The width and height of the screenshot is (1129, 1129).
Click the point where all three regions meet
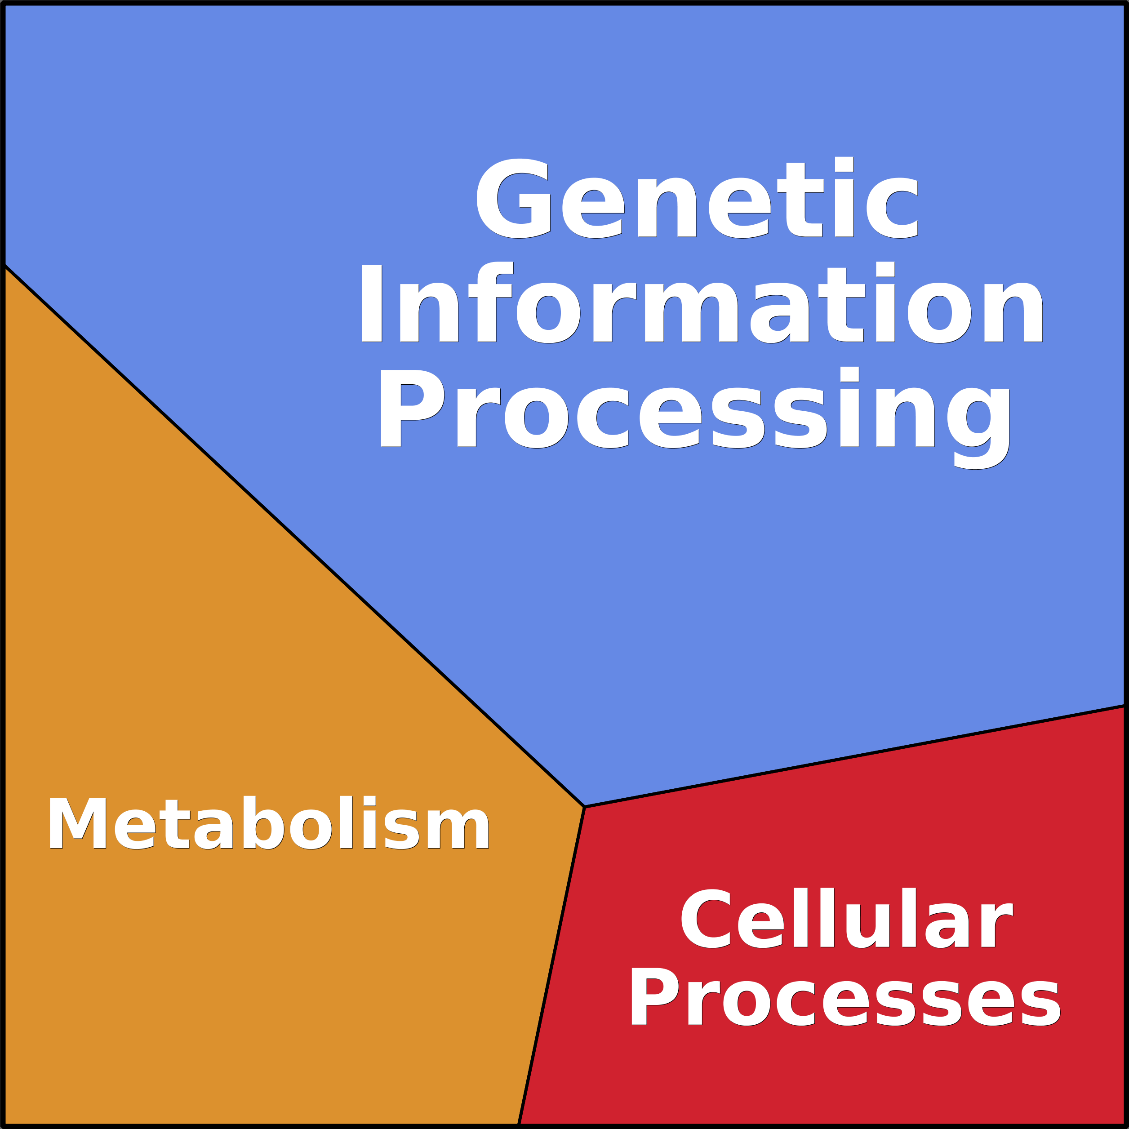click(x=584, y=807)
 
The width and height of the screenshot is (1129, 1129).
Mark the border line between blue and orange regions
click(x=294, y=537)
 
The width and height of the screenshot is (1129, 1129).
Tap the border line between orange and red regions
click(x=551, y=965)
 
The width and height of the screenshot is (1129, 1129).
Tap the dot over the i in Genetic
click(x=845, y=164)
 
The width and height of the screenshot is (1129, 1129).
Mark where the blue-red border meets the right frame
click(x=1125, y=706)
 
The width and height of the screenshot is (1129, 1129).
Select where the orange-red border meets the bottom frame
click(x=518, y=1125)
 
